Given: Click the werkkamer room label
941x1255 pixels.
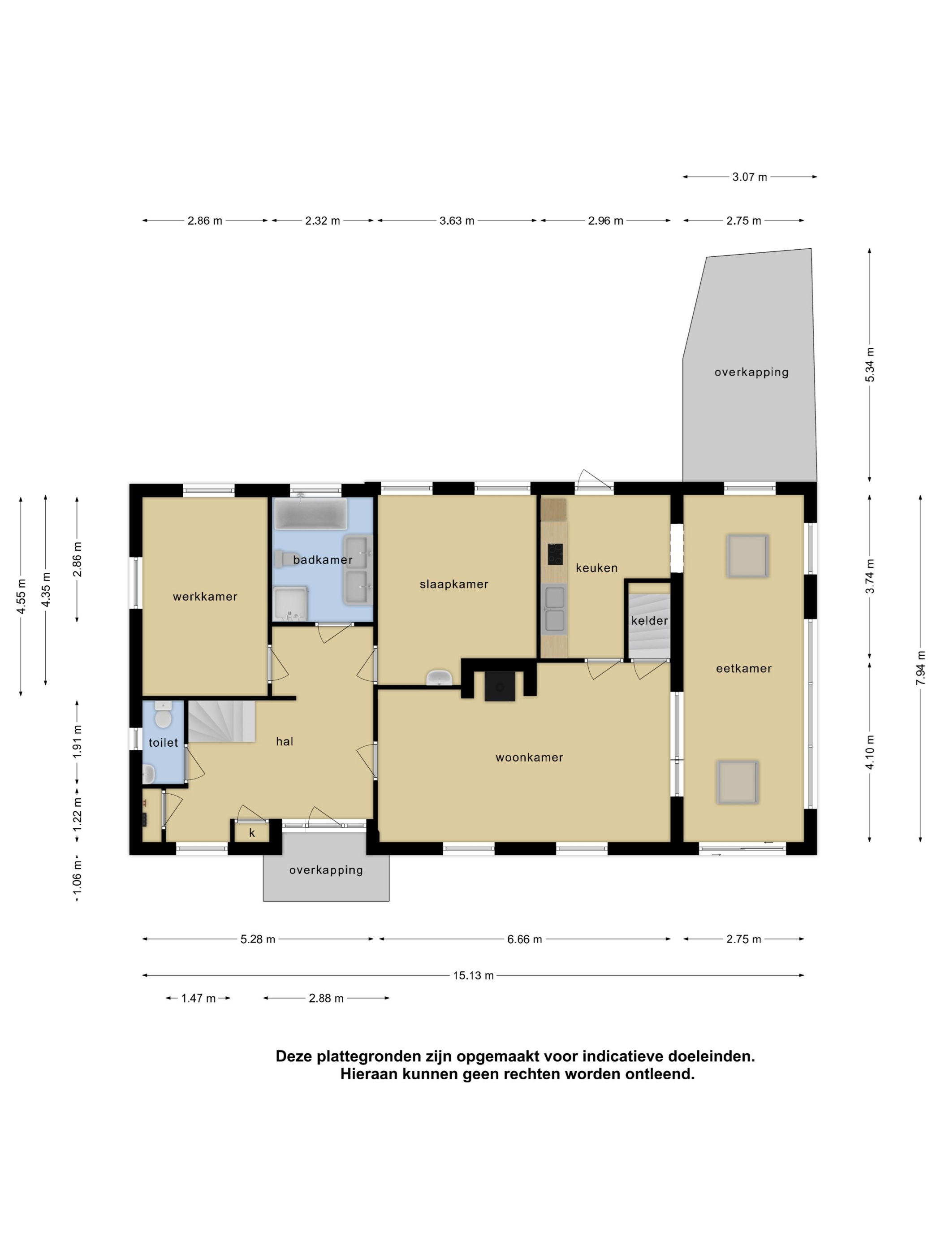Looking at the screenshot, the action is pyautogui.click(x=205, y=596).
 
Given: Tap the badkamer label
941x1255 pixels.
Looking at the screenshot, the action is pyautogui.click(x=323, y=560).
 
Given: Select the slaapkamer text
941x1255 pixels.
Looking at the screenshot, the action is pyautogui.click(x=454, y=584).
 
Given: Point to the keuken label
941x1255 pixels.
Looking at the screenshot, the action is pyautogui.click(x=596, y=568).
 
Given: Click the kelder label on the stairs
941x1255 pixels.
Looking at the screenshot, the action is pyautogui.click(x=649, y=621).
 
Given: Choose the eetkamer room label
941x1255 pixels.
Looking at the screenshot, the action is pyautogui.click(x=743, y=668).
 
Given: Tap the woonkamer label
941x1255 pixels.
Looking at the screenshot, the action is pyautogui.click(x=529, y=757).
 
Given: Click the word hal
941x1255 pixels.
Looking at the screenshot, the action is pyautogui.click(x=285, y=741).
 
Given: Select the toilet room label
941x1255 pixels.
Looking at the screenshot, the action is pyautogui.click(x=164, y=743).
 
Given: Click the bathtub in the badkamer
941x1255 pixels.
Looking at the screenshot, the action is pyautogui.click(x=310, y=514).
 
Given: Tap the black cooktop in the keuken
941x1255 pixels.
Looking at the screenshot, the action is pyautogui.click(x=555, y=554).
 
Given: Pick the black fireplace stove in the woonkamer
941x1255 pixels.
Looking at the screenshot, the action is pyautogui.click(x=500, y=686).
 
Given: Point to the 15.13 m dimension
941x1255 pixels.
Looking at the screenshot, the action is pyautogui.click(x=473, y=975).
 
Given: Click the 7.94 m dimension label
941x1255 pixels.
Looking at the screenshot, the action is pyautogui.click(x=920, y=668).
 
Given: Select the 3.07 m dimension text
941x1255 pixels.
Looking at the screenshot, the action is pyautogui.click(x=749, y=177).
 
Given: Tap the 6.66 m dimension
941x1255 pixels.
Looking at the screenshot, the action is pyautogui.click(x=525, y=939).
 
